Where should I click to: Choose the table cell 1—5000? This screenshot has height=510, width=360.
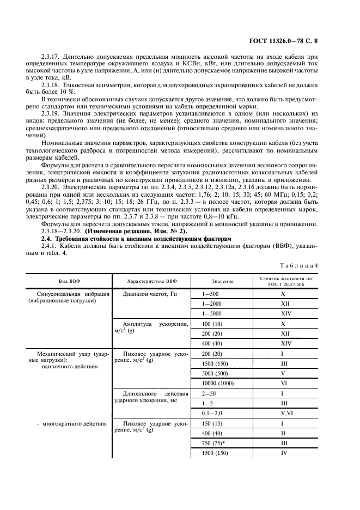pyautogui.click(x=212, y=314)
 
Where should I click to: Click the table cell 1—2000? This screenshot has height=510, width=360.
pyautogui.click(x=212, y=303)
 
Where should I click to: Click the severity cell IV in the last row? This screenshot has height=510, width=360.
pyautogui.click(x=283, y=453)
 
